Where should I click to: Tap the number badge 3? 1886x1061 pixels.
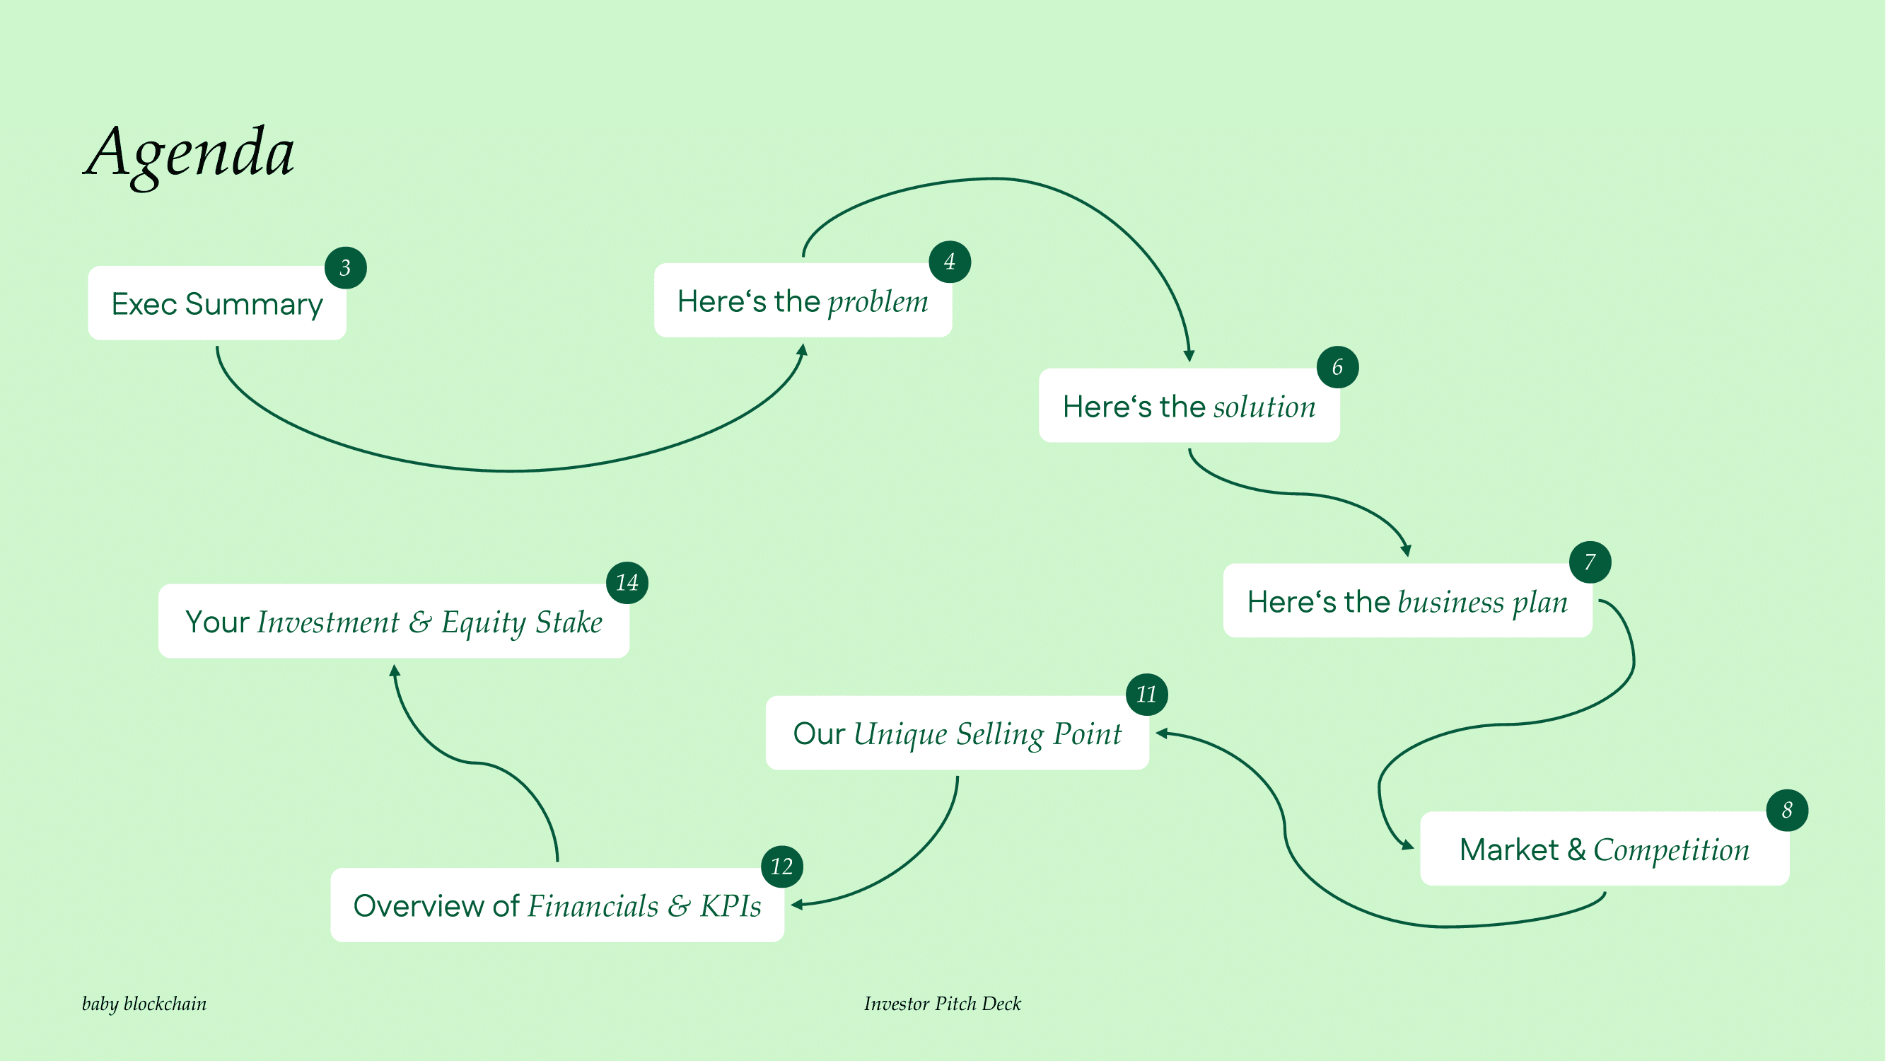coord(346,268)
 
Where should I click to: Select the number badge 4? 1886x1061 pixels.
coord(950,262)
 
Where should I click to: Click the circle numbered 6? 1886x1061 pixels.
coord(1338,367)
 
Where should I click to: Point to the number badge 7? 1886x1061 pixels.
coord(1590,562)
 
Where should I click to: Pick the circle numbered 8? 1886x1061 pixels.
coord(1787,810)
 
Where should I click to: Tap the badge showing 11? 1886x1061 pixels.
coord(1146,694)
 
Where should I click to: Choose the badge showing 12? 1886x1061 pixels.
coord(782,867)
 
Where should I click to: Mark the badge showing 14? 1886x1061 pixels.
coord(627,583)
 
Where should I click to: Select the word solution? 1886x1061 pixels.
coord(1264,407)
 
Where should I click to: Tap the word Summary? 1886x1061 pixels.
coord(253,305)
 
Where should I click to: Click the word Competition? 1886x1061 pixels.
coord(1672,850)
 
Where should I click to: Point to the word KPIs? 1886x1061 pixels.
coord(730,907)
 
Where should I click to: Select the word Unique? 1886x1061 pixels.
coord(900,734)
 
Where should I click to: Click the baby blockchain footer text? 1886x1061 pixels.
coord(144,1003)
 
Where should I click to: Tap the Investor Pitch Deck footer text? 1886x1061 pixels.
coord(942,1003)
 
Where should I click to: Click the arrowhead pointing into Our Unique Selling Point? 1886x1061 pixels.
coord(1161,733)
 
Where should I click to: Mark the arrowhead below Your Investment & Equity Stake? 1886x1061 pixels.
coord(395,670)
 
